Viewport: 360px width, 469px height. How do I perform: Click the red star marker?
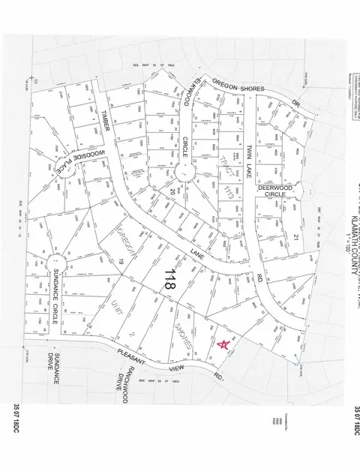click(223, 344)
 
